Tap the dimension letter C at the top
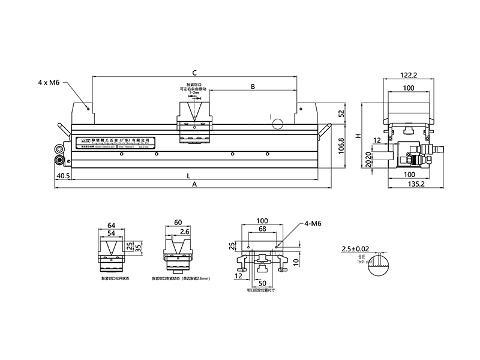click(195, 70)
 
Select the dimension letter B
click(253, 87)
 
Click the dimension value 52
click(341, 113)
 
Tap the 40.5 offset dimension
click(63, 176)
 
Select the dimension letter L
click(188, 176)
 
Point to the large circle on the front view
click(277, 124)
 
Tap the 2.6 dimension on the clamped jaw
click(185, 231)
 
